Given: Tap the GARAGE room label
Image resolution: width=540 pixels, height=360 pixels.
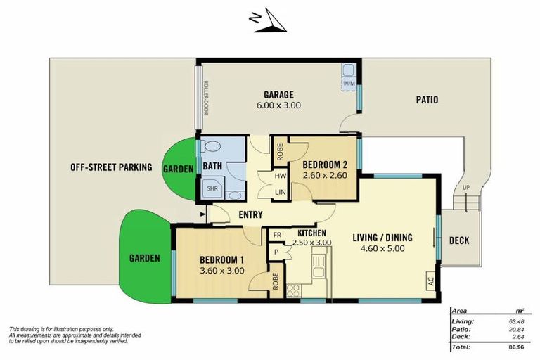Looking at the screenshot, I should [x=278, y=95].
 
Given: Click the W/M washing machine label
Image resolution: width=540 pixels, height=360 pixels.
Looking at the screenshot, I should [x=349, y=83].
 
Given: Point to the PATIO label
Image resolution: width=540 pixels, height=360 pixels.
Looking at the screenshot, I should [x=426, y=100].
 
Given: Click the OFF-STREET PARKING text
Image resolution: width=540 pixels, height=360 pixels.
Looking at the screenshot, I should [x=111, y=167].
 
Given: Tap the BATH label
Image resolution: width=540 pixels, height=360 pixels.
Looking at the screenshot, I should [x=212, y=166].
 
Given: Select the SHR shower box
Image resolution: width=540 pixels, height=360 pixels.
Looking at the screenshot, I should [x=211, y=188].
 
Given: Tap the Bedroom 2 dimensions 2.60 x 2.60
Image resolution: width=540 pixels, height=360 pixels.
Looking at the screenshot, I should [x=324, y=176].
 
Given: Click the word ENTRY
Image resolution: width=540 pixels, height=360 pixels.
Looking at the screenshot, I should [x=251, y=214].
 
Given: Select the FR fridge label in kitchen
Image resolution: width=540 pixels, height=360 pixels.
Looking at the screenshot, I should [x=277, y=235].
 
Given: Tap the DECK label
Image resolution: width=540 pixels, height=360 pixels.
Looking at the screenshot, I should [x=459, y=240].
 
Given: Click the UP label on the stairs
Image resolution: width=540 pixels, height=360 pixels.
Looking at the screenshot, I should [x=465, y=187].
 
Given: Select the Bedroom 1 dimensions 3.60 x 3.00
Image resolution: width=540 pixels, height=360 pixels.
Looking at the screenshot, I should [x=223, y=269].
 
